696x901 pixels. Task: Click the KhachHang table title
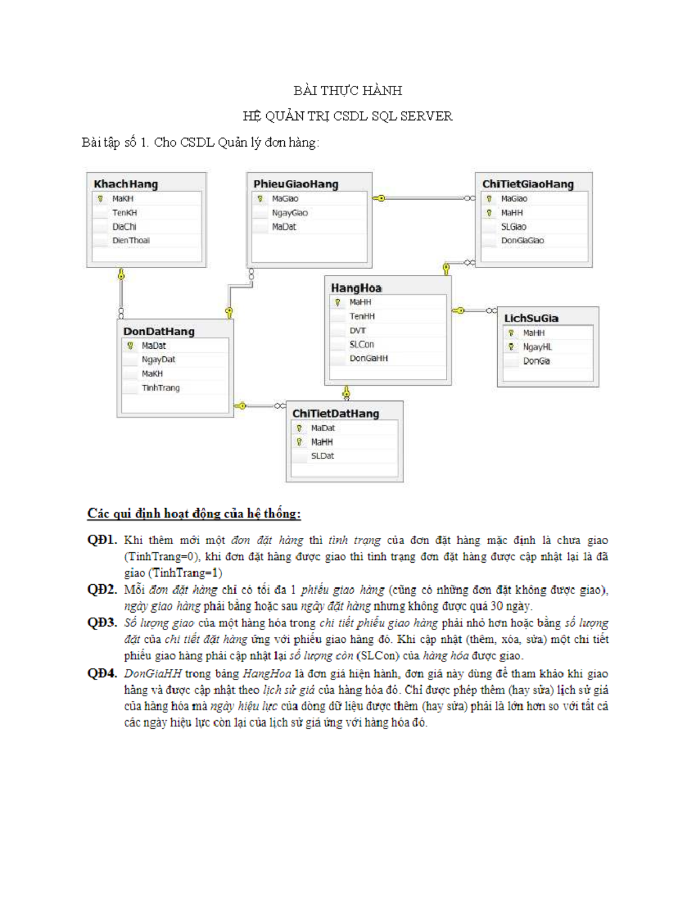[x=126, y=184]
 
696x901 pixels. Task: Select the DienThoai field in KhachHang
[x=131, y=240]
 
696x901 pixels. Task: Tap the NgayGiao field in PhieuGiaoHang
[x=289, y=213]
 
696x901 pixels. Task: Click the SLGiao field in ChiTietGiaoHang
[x=514, y=227]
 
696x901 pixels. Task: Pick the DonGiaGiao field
[x=523, y=240]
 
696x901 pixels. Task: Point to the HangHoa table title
[x=356, y=288]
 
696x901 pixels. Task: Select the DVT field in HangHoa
[x=358, y=330]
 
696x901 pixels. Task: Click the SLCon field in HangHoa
[x=361, y=344]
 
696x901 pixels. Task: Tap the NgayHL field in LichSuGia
[x=537, y=347]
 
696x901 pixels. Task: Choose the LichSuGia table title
[x=531, y=318]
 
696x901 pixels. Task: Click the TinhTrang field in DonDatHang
[x=161, y=388]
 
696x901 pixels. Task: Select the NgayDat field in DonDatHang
[x=158, y=360]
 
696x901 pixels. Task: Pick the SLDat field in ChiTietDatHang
[x=322, y=456]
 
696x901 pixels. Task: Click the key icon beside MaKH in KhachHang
[x=100, y=199]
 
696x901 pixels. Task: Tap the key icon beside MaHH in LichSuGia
[x=511, y=333]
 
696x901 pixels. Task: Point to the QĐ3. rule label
[x=102, y=623]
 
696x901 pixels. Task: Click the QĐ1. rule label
[x=102, y=540]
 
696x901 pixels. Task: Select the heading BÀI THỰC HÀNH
[x=347, y=91]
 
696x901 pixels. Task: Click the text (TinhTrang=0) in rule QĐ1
[x=162, y=556]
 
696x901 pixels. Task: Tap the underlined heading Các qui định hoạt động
[x=194, y=513]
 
